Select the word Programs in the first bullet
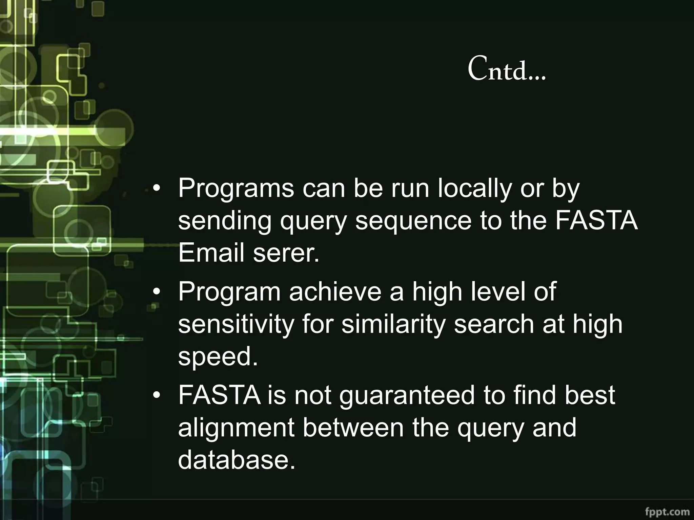tap(236, 189)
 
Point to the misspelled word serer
tap(286, 253)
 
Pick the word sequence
tap(413, 221)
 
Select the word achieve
tap(335, 292)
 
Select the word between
tap(353, 428)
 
